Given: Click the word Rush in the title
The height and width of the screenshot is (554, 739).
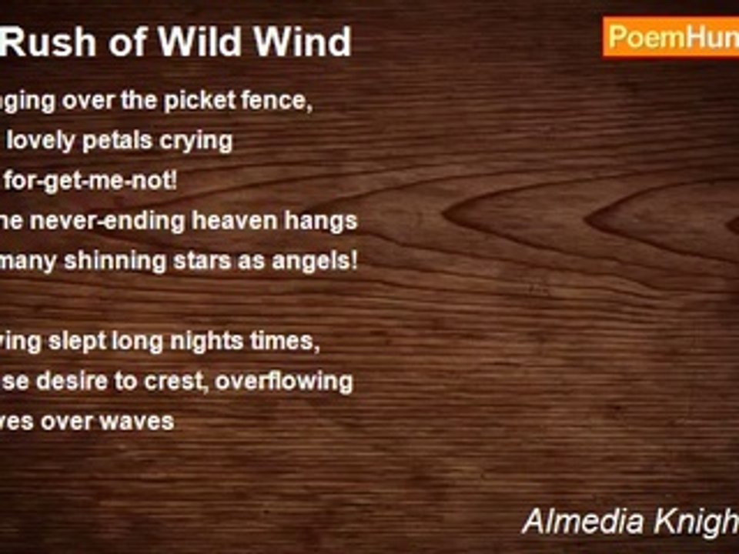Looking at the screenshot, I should tap(48, 42).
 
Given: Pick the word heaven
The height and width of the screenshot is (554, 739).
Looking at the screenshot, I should tap(256, 221).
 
